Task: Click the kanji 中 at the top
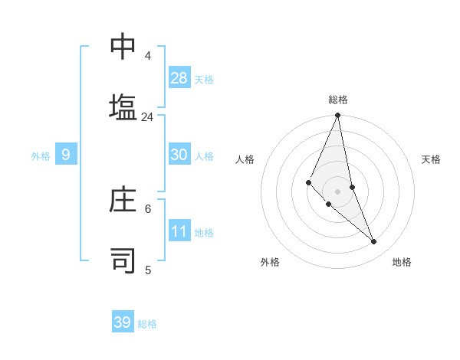pos(123,47)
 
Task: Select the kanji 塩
pos(123,107)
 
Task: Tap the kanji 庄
pos(123,201)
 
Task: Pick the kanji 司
pos(123,260)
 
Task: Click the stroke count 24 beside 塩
pos(147,116)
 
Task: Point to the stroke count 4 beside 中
pos(148,56)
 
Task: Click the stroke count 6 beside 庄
pos(148,208)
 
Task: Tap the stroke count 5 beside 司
pos(148,270)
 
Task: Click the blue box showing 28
pos(179,78)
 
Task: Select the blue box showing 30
pos(179,155)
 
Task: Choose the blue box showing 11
pos(179,231)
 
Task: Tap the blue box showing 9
pos(66,155)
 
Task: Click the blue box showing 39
pos(123,322)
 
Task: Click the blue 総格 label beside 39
pos(147,324)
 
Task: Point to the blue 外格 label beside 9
pos(41,156)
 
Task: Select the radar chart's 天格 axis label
pos(431,159)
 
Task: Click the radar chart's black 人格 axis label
pos(245,159)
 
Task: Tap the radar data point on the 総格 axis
pos(337,116)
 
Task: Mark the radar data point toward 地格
pos(374,241)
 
